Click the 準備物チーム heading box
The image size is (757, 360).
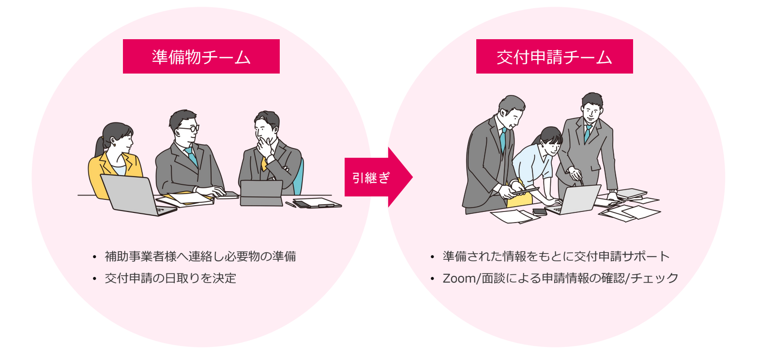[x=201, y=57]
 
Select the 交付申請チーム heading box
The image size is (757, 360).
[x=554, y=57]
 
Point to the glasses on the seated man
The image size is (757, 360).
[x=187, y=129]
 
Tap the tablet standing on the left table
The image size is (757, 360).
[x=261, y=193]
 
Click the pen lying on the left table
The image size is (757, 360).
[x=290, y=205]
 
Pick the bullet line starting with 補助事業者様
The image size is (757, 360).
[x=200, y=256]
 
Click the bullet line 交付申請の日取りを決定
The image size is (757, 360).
[x=170, y=279]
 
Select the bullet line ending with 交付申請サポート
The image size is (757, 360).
[x=556, y=256]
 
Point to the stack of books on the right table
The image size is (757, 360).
[x=631, y=194]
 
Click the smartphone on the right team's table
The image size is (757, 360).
[x=539, y=212]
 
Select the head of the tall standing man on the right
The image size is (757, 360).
[x=591, y=106]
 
